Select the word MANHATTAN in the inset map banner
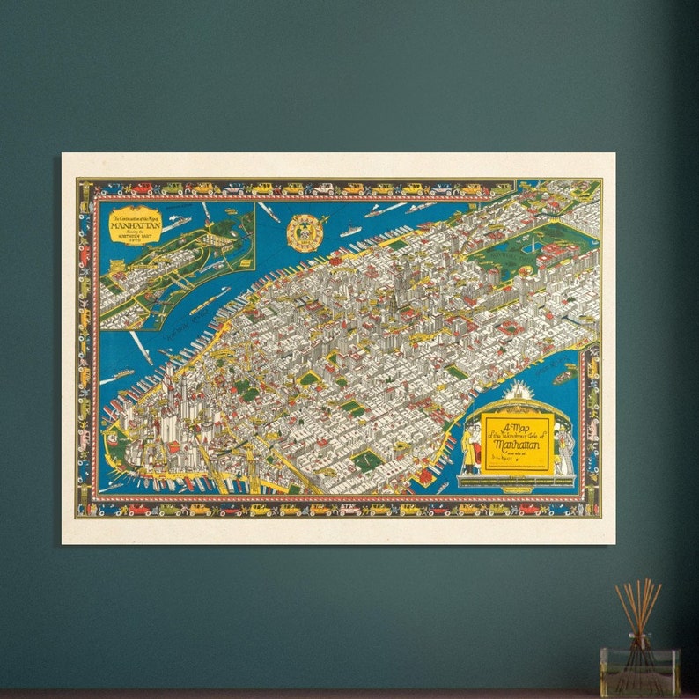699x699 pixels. (x=135, y=224)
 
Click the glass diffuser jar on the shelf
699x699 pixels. (x=639, y=672)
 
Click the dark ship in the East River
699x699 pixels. (x=563, y=377)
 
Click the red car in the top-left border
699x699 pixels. (x=140, y=188)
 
